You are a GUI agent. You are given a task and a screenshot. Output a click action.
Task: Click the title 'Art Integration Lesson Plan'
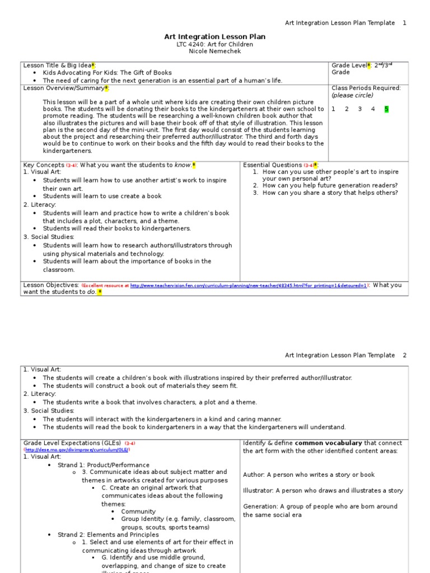point(214,37)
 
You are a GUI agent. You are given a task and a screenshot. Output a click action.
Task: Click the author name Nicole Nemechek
point(214,52)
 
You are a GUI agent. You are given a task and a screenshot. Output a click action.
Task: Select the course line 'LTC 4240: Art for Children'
point(214,45)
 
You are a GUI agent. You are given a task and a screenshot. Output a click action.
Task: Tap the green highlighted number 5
point(386,109)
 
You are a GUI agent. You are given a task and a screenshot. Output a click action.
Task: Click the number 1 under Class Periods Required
point(334,109)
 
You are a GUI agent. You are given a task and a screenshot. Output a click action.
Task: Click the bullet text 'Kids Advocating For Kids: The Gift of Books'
point(107,73)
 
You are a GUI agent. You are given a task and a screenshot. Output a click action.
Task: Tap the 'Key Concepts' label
point(44,165)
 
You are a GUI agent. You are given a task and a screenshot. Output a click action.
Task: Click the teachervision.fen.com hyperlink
point(249,285)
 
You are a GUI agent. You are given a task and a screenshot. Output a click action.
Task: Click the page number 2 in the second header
point(405,355)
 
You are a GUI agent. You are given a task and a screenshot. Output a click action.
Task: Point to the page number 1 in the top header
point(405,23)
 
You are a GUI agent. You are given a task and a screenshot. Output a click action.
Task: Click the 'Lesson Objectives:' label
point(51,285)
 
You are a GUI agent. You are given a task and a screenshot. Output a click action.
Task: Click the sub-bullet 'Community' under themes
point(138,511)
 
